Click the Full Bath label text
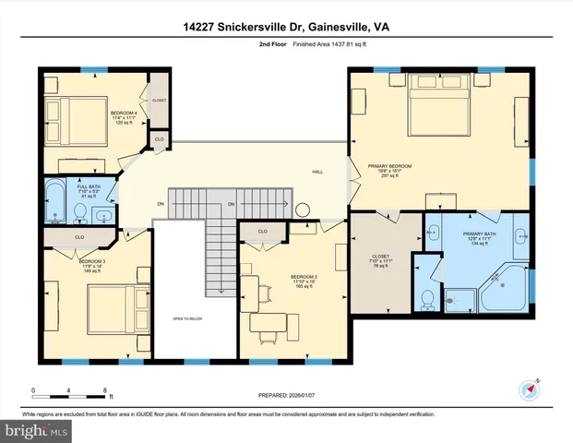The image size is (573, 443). tap(89, 192)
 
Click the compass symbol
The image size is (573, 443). tap(530, 389)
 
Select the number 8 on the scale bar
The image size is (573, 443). tap(106, 390)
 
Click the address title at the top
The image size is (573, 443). tap(286, 29)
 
